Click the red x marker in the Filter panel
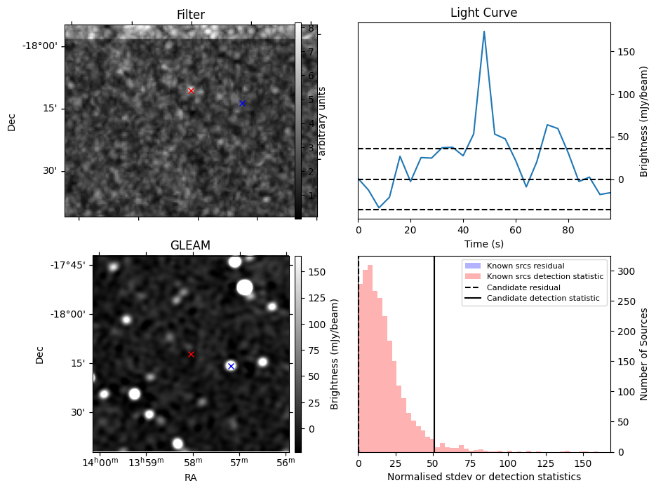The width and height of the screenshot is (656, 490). pos(191,90)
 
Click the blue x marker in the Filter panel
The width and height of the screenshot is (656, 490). pos(242,103)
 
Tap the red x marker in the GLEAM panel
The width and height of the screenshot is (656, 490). pos(191,354)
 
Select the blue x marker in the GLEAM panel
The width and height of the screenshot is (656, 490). pos(231,366)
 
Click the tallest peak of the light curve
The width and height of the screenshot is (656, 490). pos(484,32)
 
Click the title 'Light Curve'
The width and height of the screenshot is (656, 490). pos(483,13)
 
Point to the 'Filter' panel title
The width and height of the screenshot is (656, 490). pos(191,15)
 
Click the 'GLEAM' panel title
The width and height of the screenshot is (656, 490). pos(191,245)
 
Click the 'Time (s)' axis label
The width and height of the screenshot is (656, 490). pos(483,244)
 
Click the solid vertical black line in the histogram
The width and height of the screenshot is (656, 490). pos(434,365)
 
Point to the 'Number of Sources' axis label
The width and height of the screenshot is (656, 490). pos(644,354)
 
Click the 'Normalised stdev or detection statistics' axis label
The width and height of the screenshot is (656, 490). pos(483,477)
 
